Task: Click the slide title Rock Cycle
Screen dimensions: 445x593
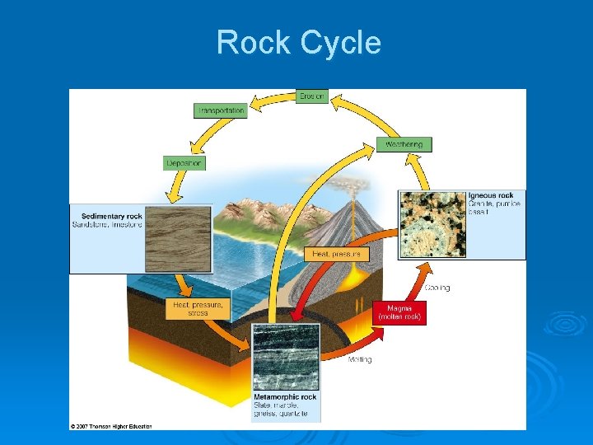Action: [x=298, y=42]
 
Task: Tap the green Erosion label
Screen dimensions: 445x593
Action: [x=312, y=96]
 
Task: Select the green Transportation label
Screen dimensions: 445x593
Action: [x=220, y=110]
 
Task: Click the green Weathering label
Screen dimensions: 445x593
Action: [x=404, y=144]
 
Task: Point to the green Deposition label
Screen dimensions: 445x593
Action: [x=184, y=163]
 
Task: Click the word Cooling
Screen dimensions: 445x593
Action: [x=437, y=288]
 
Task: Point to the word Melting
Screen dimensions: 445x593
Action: [x=359, y=359]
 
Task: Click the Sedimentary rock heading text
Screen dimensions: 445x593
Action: [x=107, y=217]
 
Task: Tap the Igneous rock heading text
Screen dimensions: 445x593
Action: [x=491, y=195]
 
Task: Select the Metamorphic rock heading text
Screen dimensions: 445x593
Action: [x=285, y=396]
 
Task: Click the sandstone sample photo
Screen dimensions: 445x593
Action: [x=178, y=239]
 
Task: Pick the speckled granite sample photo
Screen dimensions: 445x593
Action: [x=432, y=223]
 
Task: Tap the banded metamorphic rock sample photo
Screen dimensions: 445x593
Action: [x=285, y=357]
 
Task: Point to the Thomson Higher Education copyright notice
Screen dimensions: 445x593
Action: [x=111, y=426]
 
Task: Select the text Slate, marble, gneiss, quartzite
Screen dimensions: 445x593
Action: [x=281, y=409]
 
